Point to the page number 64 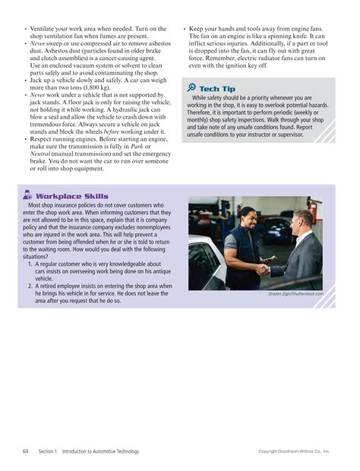point(26,451)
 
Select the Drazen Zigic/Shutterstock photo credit point(296,293)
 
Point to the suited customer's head point(301,223)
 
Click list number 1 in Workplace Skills point(30,264)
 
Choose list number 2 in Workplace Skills point(30,286)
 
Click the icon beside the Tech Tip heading point(190,89)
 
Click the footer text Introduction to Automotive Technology point(101,451)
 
